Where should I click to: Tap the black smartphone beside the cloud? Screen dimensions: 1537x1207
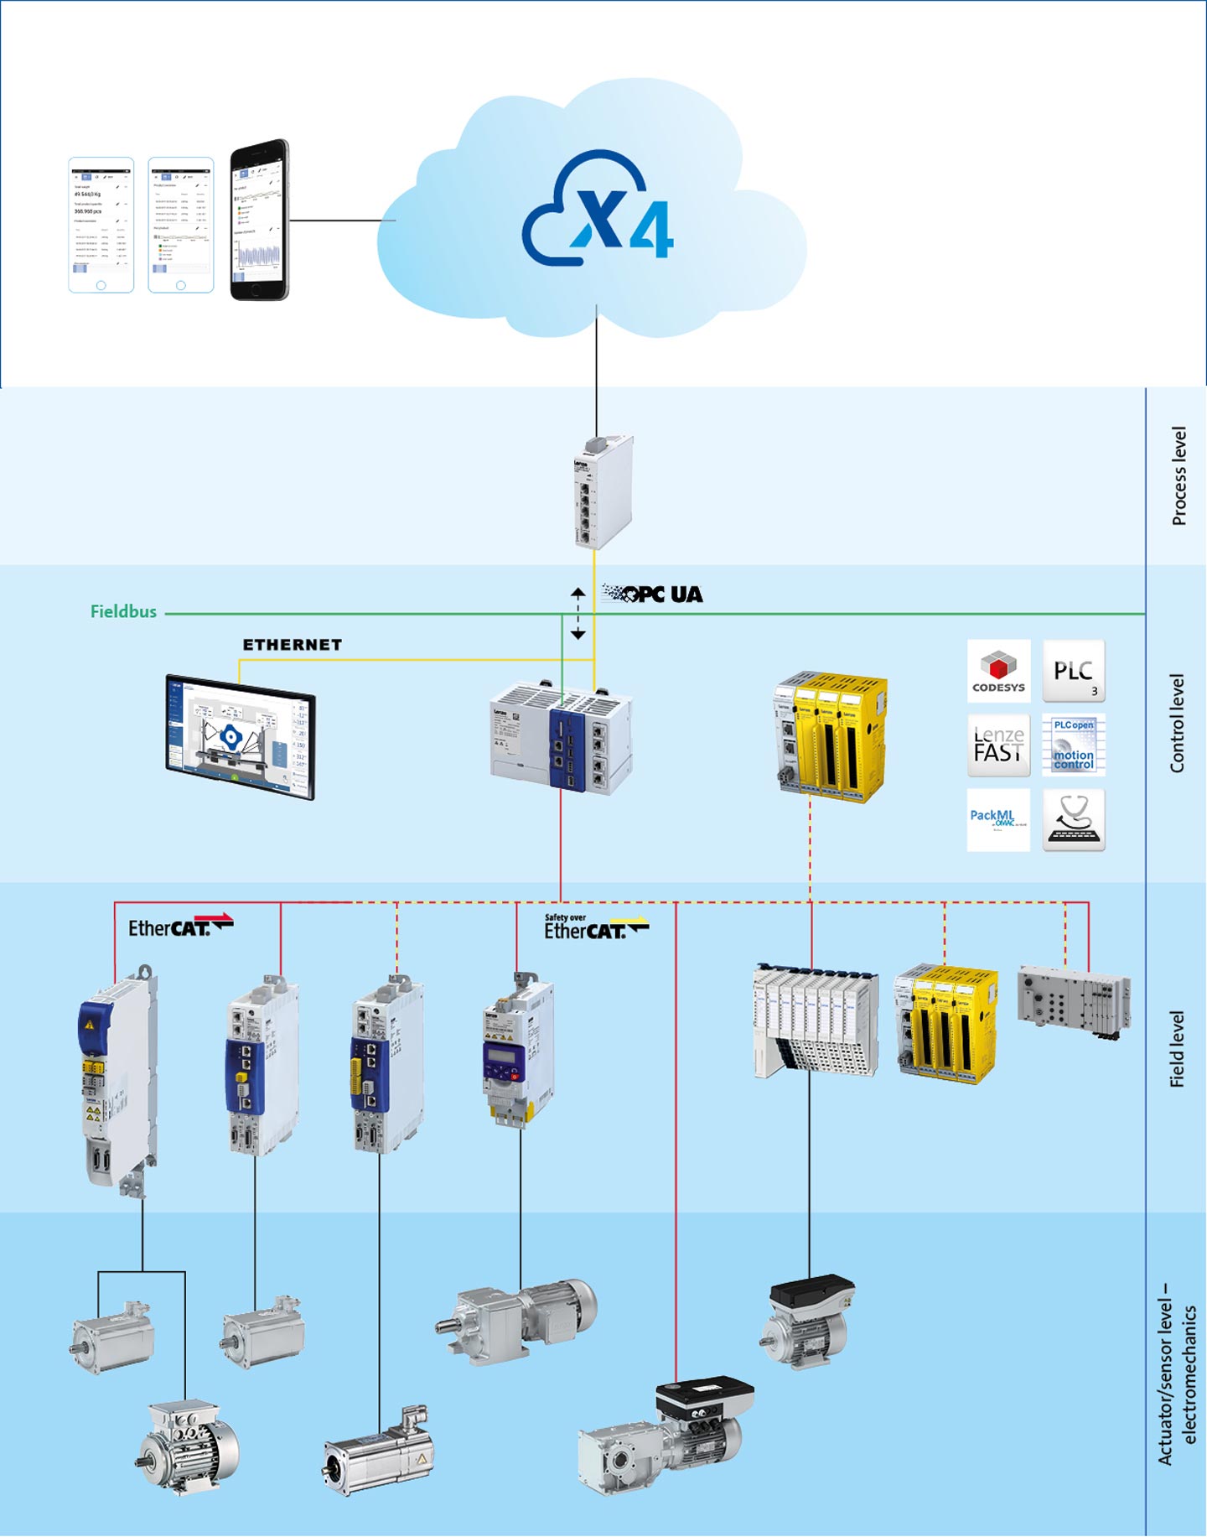[260, 220]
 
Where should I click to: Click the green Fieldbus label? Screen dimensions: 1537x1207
[123, 612]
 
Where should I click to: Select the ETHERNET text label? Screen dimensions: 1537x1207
[292, 645]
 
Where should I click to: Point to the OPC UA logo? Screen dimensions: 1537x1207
[653, 595]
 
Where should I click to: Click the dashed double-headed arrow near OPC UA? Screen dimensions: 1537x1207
[578, 614]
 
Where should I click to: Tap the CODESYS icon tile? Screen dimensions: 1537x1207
[998, 672]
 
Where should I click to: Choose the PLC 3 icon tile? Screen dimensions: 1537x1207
[1074, 672]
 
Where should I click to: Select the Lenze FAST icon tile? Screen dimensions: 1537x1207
[998, 745]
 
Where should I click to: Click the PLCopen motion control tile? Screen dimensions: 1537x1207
[1074, 745]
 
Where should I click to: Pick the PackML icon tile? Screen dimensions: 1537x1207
[998, 819]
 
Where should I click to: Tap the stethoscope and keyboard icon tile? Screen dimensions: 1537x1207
[1074, 819]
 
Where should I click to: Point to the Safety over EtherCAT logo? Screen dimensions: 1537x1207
[595, 927]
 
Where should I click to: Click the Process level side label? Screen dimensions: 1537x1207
[1179, 476]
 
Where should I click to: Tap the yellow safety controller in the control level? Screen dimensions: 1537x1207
[831, 735]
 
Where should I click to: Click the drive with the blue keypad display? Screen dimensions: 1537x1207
[516, 1052]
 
